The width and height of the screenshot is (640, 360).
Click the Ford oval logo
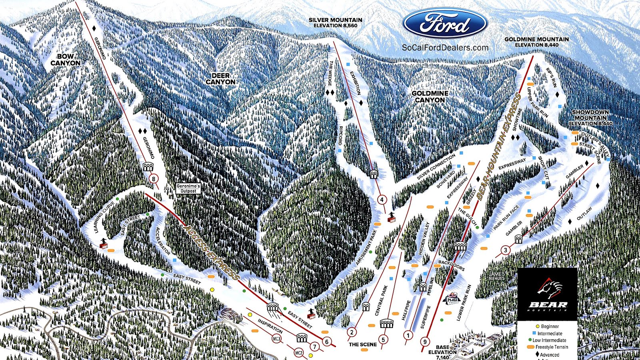point(445,24)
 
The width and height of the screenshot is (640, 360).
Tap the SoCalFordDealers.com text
point(445,48)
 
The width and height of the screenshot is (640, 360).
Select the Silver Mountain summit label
point(335,22)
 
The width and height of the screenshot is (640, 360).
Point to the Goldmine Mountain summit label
point(536,42)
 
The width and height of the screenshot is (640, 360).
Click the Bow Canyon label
point(65,60)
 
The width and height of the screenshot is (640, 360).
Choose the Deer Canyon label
point(220,78)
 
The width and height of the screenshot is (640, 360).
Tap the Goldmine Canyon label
point(430,96)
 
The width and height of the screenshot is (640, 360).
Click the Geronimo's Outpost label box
point(188,188)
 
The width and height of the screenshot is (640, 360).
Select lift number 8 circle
point(153,178)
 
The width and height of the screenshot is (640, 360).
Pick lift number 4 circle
point(382,200)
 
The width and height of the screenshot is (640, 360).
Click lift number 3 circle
point(506,250)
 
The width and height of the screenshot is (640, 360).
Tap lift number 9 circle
point(424,342)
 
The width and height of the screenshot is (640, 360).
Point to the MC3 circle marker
point(276,339)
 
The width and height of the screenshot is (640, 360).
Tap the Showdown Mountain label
point(590,118)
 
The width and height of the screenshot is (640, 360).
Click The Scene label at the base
point(362,344)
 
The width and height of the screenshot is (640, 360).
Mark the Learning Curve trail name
point(104,217)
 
